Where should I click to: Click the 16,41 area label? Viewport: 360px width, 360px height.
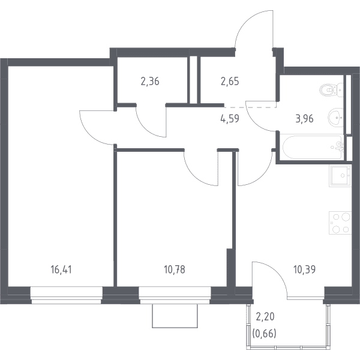point(61,269)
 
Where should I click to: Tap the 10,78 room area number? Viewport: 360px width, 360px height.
point(175,269)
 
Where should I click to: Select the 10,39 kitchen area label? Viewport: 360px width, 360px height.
point(304,269)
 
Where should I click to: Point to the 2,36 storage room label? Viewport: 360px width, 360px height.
point(150,82)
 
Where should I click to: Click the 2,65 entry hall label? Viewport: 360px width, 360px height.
point(230,81)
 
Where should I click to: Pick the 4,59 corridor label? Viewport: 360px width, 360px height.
point(230,119)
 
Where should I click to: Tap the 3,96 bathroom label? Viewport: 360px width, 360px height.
point(304,119)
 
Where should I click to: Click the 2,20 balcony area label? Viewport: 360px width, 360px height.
point(265,317)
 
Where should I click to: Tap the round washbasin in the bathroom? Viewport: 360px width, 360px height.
point(335,118)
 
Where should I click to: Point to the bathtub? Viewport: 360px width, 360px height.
point(313,147)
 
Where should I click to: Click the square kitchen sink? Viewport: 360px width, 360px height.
point(340,176)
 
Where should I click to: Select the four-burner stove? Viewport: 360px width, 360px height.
point(340,223)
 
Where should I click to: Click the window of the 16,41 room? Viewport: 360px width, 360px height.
point(67,295)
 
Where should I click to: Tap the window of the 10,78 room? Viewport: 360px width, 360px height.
point(175,295)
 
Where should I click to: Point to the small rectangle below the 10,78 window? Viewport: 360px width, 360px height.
point(175,316)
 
